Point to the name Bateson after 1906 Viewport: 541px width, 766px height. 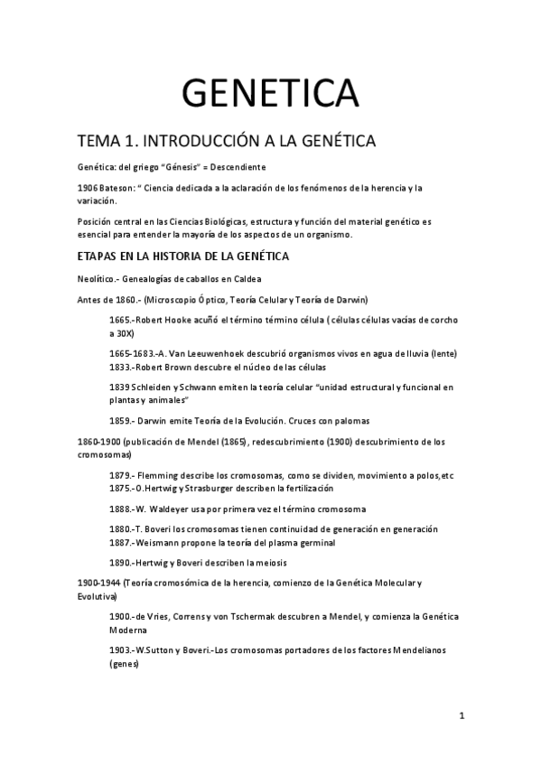pyautogui.click(x=117, y=188)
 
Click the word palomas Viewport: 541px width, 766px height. pyautogui.click(x=349, y=420)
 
